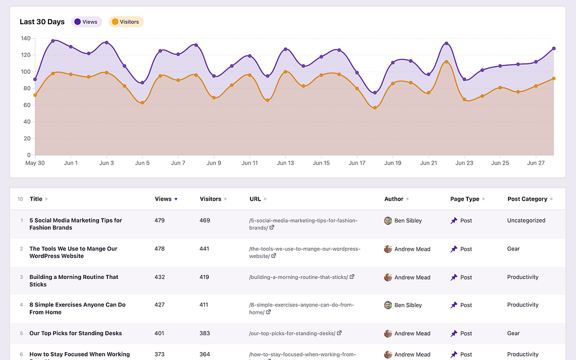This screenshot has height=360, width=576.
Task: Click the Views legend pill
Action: point(86,22)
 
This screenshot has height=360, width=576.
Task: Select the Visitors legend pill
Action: point(126,22)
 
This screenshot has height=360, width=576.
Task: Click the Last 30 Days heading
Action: point(42,22)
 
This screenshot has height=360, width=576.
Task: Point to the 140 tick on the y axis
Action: point(25,38)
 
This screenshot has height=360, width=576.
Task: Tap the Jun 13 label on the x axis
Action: point(285,163)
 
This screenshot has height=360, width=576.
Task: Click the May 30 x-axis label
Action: point(35,163)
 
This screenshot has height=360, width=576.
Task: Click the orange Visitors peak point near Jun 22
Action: point(446,61)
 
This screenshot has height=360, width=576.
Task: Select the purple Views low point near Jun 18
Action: point(375,93)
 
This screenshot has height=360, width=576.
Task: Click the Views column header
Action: point(163,199)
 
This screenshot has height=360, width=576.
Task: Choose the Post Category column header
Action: point(527,199)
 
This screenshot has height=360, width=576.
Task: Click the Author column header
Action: point(394,199)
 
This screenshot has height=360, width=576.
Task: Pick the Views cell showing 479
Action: point(160,220)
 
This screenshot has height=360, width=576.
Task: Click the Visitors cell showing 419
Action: point(204,277)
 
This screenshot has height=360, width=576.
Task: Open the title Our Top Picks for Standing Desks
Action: point(75,333)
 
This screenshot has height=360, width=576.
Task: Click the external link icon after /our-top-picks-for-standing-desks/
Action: point(339,333)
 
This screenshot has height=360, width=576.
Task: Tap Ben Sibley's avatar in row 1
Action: point(388,220)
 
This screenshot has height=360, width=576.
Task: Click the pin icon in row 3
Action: point(454,277)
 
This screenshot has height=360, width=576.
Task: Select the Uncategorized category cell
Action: point(526,220)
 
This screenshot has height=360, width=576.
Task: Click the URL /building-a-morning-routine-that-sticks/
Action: point(298,277)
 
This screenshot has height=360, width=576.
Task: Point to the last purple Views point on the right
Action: point(553,48)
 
